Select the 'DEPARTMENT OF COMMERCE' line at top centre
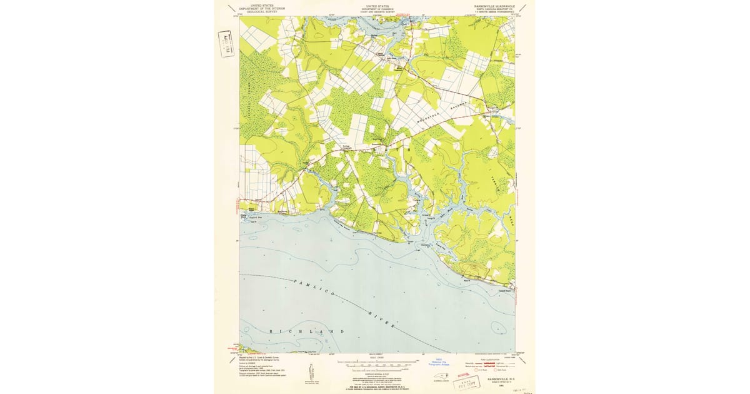[x=377, y=9]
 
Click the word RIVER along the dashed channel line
[x=382, y=323]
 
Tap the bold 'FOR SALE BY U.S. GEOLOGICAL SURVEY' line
[x=377, y=388]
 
